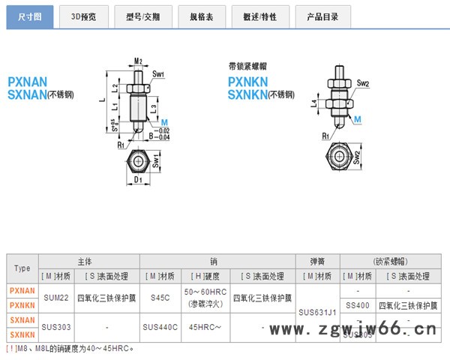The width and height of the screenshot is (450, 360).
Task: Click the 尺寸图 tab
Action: (30, 15)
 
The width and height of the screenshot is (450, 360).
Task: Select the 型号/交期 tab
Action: (144, 15)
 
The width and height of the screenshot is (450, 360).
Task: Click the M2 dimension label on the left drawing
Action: (138, 61)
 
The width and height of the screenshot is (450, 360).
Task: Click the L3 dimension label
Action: (153, 108)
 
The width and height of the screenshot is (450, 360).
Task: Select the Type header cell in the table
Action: (22, 268)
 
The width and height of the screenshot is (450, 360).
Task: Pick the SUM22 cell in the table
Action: (56, 297)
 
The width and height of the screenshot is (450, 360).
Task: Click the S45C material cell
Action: (160, 297)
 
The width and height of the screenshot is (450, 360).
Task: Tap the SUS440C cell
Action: (160, 327)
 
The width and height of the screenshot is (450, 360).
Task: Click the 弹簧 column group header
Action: (318, 261)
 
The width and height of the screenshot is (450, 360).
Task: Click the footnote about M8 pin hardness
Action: (71, 348)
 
